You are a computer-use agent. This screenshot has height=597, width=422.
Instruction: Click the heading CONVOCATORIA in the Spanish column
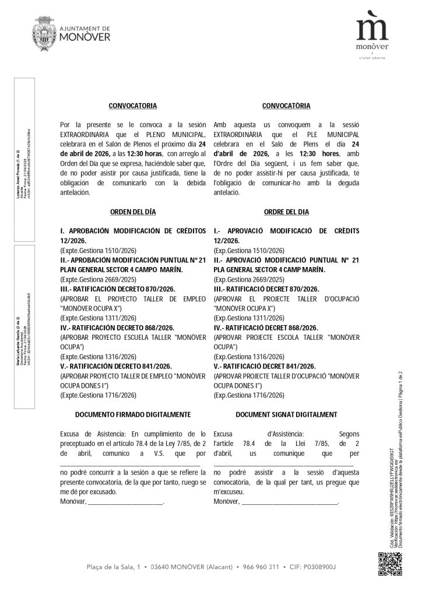tap(133, 106)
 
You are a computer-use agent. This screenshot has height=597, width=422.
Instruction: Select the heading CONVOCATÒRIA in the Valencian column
tap(286, 106)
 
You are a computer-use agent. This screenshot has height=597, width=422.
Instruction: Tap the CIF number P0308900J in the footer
tap(321, 567)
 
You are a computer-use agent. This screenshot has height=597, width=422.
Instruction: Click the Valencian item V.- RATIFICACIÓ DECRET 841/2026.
tap(265, 366)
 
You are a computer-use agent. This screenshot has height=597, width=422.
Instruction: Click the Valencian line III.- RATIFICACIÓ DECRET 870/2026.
tap(266, 289)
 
